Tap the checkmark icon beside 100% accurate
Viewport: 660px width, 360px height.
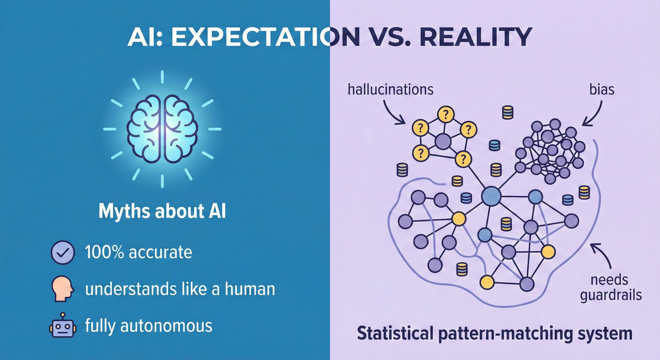pos(63,253)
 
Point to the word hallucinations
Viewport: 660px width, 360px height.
pos(391,89)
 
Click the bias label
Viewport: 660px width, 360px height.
pos(601,89)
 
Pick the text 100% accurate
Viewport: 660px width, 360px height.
pos(138,253)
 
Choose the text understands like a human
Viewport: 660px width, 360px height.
pos(179,289)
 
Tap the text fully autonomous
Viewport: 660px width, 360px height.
pos(148,326)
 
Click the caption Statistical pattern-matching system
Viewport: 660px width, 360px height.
pos(494,333)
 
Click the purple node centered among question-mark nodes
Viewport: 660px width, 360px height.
pos(443,140)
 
